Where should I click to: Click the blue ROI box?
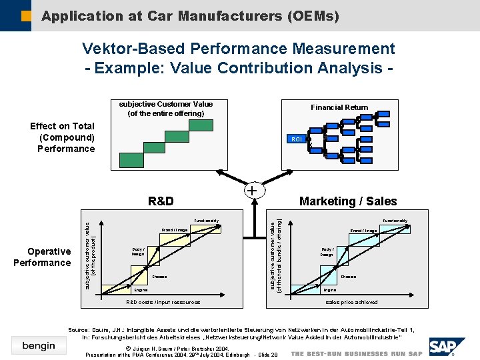[297, 139]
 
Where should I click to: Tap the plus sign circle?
[253, 191]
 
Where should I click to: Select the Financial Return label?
[339, 107]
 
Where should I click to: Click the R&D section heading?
[161, 201]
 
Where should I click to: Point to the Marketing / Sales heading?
[348, 201]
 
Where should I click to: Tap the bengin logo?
[39, 345]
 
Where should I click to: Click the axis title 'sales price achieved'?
[351, 302]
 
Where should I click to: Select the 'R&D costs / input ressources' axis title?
[163, 302]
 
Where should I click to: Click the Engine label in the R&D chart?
[141, 290]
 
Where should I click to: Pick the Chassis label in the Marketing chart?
[349, 276]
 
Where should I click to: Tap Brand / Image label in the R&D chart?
[174, 230]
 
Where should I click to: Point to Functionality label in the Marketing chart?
[395, 221]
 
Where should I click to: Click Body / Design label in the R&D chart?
[138, 251]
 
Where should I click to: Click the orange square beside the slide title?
[26, 15]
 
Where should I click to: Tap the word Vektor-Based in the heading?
[133, 49]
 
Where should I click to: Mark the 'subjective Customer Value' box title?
[166, 104]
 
